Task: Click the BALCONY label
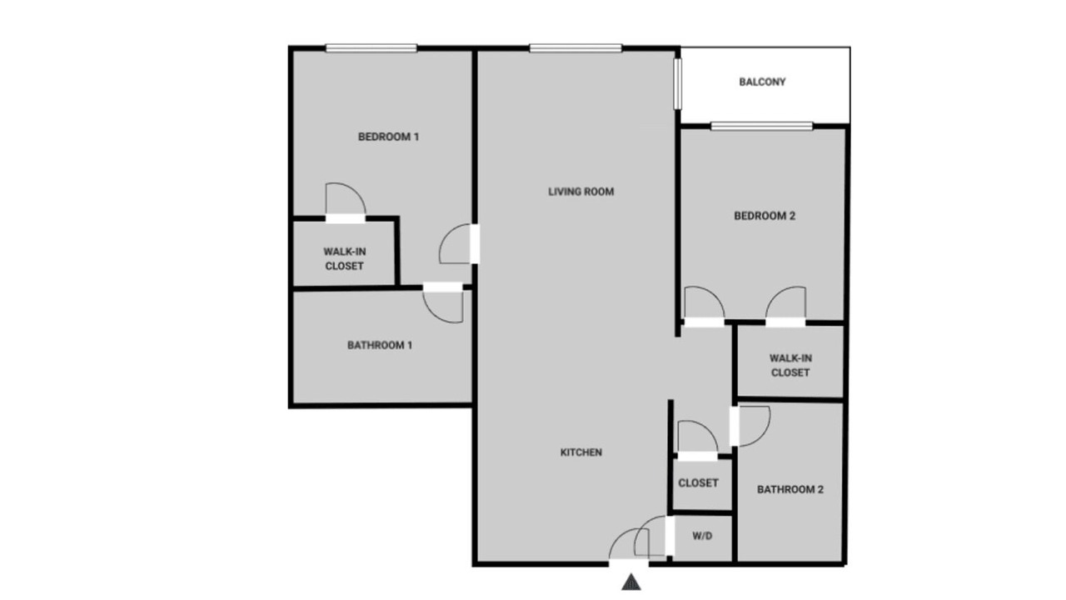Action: click(762, 82)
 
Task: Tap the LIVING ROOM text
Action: click(580, 192)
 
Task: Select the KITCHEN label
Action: click(580, 452)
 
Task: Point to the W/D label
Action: click(702, 536)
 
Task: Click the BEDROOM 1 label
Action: click(388, 137)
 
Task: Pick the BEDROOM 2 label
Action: click(765, 216)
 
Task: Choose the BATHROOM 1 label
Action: click(379, 345)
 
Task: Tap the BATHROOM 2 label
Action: click(790, 489)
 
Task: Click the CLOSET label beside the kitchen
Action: click(698, 482)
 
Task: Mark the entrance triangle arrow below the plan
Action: click(631, 582)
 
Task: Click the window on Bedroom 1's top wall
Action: click(371, 48)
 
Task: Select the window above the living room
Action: click(575, 48)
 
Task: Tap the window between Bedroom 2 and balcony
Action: click(761, 126)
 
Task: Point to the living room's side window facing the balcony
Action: click(677, 84)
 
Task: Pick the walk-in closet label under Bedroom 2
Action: click(790, 365)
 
